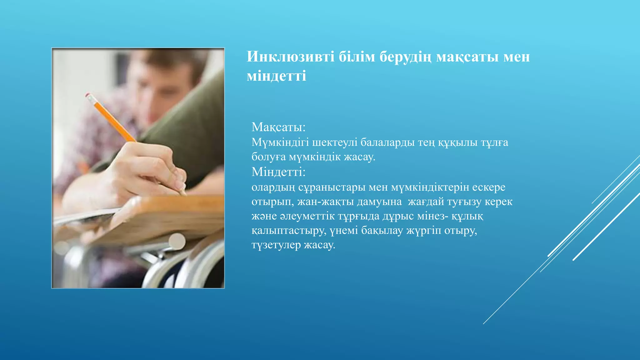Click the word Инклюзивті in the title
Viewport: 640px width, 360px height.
pyautogui.click(x=291, y=57)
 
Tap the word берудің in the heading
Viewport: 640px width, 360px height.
pyautogui.click(x=405, y=57)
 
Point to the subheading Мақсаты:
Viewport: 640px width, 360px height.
pyautogui.click(x=278, y=127)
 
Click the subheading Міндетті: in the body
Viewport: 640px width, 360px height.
pyautogui.click(x=278, y=172)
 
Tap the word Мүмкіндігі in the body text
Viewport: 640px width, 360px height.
pyautogui.click(x=280, y=142)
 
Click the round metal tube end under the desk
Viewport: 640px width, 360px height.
pyautogui.click(x=177, y=242)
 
